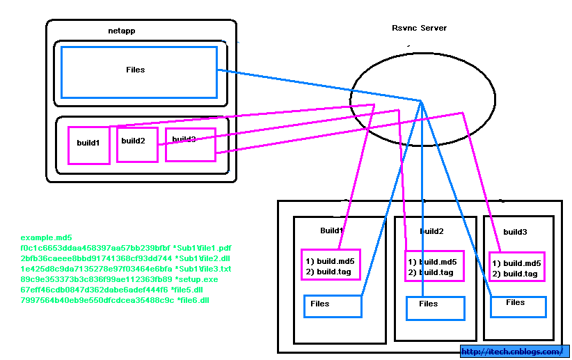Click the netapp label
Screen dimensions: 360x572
[122, 31]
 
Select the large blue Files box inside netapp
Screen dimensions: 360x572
[139, 72]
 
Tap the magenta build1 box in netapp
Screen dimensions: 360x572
[88, 145]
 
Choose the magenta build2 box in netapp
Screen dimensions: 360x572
[136, 144]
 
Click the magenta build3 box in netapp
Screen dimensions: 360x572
[190, 144]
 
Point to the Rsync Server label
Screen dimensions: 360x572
[419, 28]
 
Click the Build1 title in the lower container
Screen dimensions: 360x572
[331, 230]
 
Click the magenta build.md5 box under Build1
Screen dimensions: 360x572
[330, 265]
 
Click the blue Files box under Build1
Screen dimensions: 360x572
[333, 306]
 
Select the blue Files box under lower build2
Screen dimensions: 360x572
[434, 307]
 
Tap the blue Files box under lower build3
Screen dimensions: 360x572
[518, 306]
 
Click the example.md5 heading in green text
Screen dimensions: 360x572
[46, 237]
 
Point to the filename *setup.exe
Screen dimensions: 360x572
[196, 279]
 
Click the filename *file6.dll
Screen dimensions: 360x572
[193, 300]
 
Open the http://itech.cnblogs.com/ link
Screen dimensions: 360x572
[514, 352]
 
